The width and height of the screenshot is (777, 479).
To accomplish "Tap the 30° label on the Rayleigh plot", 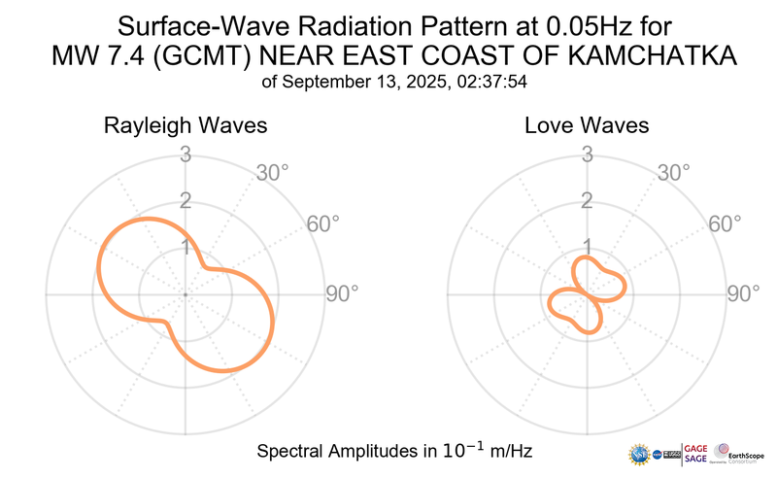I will (273, 173).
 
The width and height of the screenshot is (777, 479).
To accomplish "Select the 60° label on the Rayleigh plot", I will (323, 223).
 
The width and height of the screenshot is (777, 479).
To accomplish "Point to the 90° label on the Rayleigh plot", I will (341, 293).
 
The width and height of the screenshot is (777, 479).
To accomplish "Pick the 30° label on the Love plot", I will (675, 173).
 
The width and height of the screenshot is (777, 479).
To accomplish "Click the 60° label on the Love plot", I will (726, 223).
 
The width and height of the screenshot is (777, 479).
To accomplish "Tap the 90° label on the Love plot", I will (743, 293).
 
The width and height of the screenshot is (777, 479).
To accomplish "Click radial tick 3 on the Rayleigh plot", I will (185, 154).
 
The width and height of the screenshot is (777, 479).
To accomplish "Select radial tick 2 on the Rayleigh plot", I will (185, 201).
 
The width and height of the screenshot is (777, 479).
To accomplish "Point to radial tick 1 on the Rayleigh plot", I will (185, 248).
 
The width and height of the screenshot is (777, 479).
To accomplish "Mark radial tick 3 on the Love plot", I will (587, 154).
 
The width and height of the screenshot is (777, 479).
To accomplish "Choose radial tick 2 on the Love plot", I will (587, 201).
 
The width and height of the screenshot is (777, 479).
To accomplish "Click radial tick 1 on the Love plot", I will (587, 248).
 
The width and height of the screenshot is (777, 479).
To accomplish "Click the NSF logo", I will (640, 454).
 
